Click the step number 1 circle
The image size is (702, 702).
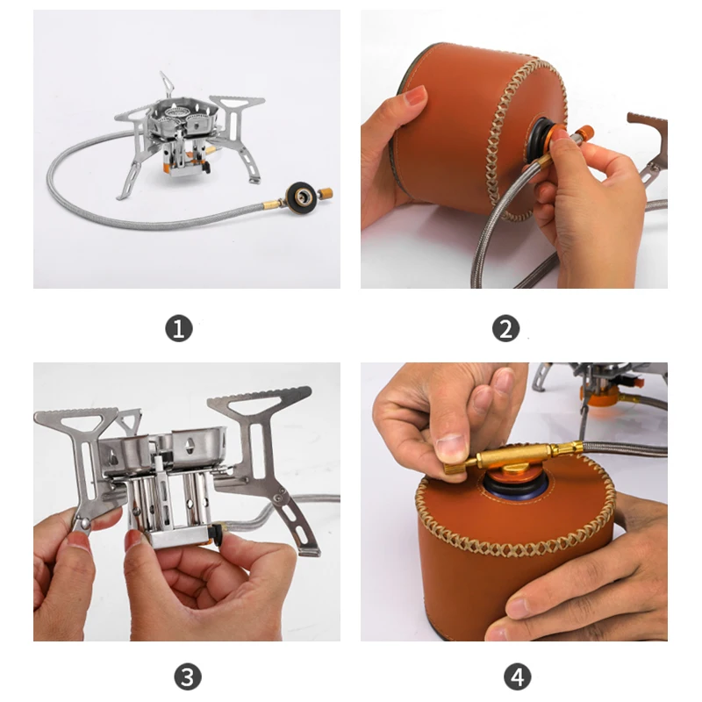pyautogui.click(x=179, y=329)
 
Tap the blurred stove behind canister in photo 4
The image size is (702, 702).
pyautogui.click(x=605, y=386)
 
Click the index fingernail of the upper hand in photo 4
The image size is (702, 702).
pyautogui.click(x=452, y=447)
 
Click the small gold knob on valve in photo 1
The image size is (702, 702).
pyautogui.click(x=326, y=191)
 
